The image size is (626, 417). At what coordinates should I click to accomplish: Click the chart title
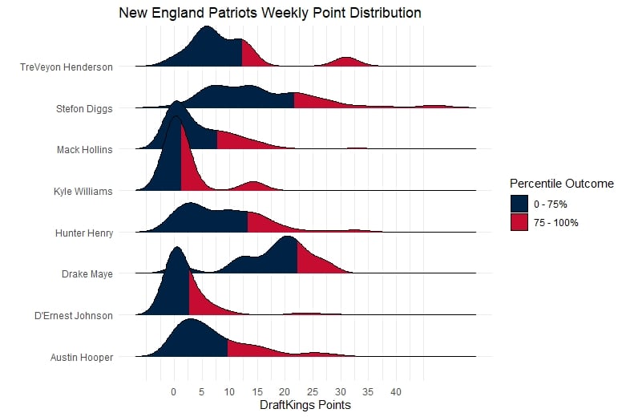click(269, 14)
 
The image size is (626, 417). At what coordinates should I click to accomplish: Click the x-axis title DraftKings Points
click(305, 406)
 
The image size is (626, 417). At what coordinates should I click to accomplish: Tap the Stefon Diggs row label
click(84, 108)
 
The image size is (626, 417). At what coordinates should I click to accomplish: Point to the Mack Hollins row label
click(84, 150)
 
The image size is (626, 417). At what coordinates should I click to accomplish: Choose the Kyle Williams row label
click(83, 192)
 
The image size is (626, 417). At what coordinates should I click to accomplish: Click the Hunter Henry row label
click(83, 233)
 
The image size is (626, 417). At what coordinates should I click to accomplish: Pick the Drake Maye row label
click(87, 274)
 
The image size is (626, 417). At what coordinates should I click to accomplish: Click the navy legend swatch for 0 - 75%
click(520, 204)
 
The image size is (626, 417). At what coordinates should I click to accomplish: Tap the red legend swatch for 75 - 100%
click(520, 222)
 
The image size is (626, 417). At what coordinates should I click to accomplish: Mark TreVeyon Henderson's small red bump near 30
click(345, 63)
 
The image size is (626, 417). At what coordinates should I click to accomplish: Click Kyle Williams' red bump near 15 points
click(253, 186)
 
